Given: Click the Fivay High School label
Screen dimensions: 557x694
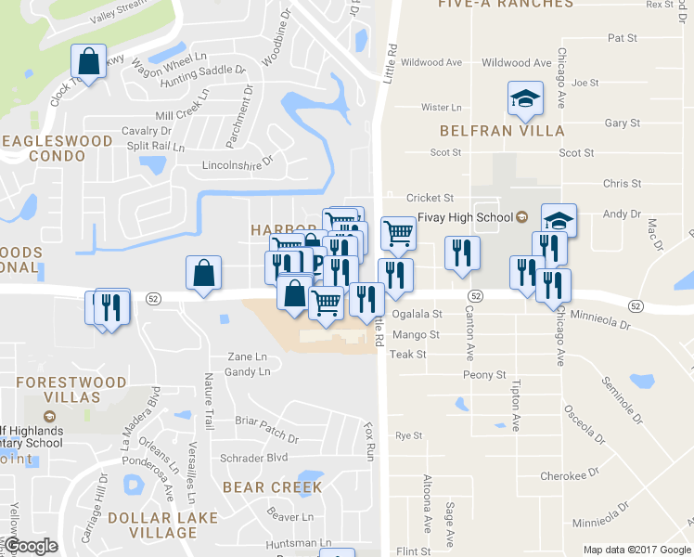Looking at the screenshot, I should (465, 218).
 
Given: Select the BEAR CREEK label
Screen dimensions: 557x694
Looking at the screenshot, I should (273, 487).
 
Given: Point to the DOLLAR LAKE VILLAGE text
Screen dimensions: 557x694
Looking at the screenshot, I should (162, 525).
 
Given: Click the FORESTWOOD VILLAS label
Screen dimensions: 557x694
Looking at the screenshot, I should (71, 390).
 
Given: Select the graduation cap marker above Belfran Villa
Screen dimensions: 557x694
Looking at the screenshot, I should (524, 98).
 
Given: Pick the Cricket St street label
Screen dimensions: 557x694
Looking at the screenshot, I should (430, 198).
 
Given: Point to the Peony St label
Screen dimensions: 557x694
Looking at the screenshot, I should (485, 375).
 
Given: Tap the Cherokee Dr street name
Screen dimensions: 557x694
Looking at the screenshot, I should (563, 475).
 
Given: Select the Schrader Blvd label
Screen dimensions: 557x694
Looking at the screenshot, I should (254, 459).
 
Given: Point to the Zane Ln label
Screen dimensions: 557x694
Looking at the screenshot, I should (247, 357).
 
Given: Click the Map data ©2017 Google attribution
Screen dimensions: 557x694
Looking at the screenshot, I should (636, 550).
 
